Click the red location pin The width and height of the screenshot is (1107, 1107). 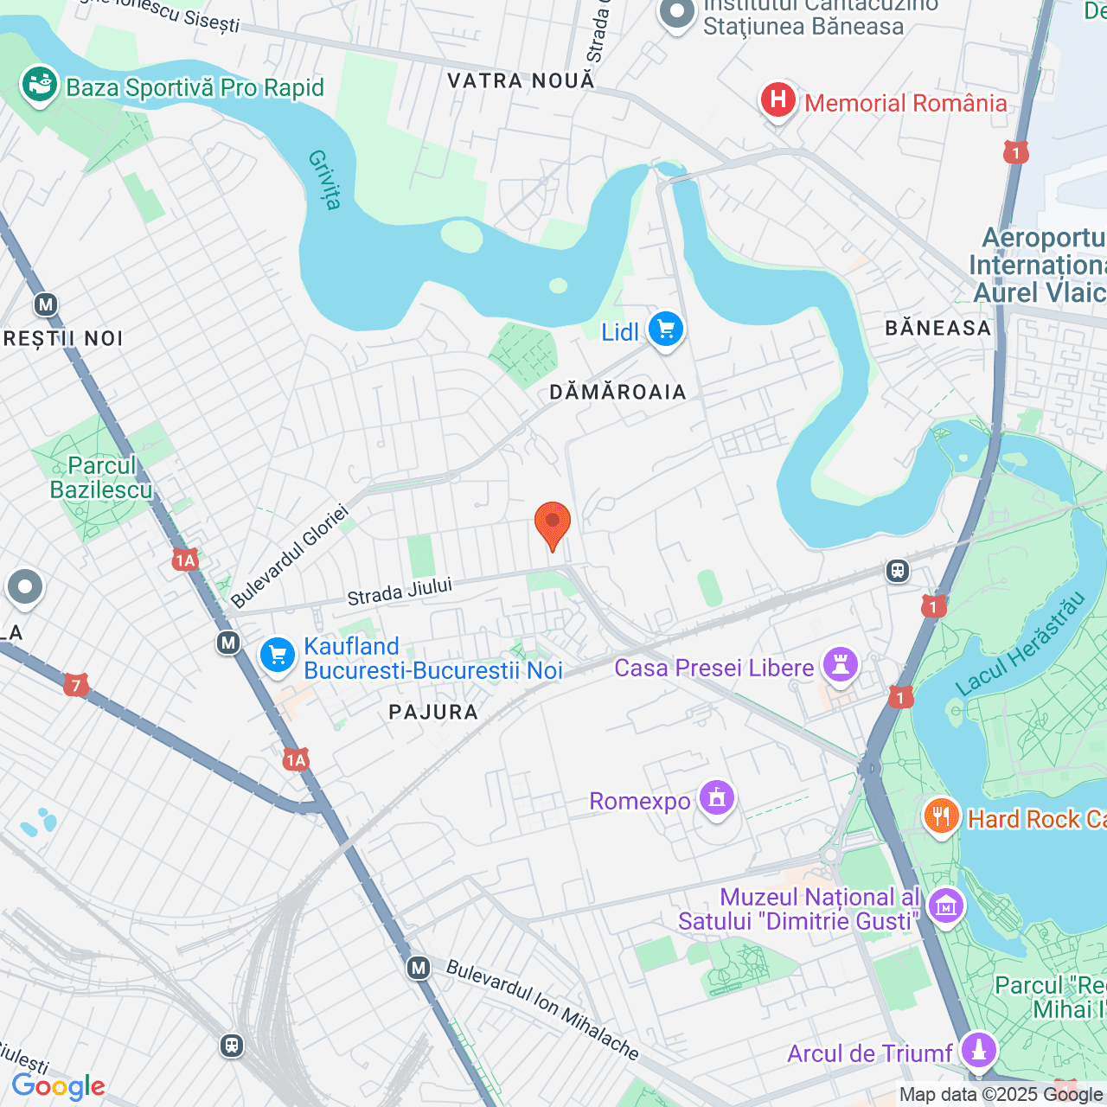click(x=553, y=524)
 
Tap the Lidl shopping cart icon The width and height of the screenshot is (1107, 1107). click(x=665, y=330)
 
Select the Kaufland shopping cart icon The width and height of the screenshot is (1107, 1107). click(x=278, y=656)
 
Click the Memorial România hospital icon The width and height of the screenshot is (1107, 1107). click(x=778, y=101)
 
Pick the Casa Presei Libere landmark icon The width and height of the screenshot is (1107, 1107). click(x=840, y=665)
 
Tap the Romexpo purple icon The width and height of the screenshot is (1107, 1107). click(x=717, y=798)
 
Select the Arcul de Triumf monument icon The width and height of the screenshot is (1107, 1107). click(x=979, y=1051)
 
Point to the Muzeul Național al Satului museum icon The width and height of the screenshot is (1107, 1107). click(x=946, y=906)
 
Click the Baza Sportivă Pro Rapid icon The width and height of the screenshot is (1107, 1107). click(x=40, y=86)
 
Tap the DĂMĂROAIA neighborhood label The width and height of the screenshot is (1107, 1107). click(x=617, y=393)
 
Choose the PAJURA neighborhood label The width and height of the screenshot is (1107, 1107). click(x=433, y=713)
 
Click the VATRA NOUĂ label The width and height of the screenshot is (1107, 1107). click(x=522, y=81)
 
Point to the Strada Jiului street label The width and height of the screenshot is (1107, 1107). click(x=400, y=592)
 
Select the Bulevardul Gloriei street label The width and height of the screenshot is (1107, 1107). click(x=291, y=556)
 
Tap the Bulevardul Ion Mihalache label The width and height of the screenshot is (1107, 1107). click(x=542, y=1009)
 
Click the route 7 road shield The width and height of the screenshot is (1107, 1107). click(x=76, y=686)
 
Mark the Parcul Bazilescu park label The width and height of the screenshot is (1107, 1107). click(x=101, y=478)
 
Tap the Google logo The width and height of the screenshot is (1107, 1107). click(x=59, y=1087)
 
